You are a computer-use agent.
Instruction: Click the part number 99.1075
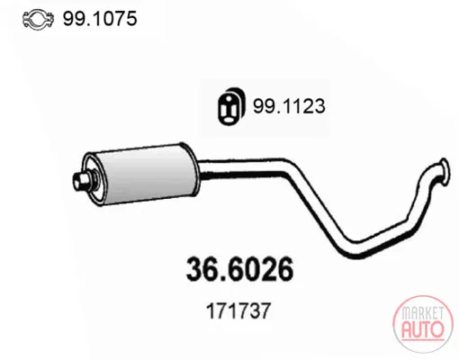[x=100, y=19]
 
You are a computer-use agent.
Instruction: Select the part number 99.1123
[x=289, y=106]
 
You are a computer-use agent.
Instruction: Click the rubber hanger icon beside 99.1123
[x=231, y=106]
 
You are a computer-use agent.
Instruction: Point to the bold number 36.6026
[x=239, y=269]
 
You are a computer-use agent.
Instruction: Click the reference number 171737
[x=238, y=310]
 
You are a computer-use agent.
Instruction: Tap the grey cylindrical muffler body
[x=147, y=174]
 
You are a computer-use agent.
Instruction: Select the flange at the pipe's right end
[x=445, y=170]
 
